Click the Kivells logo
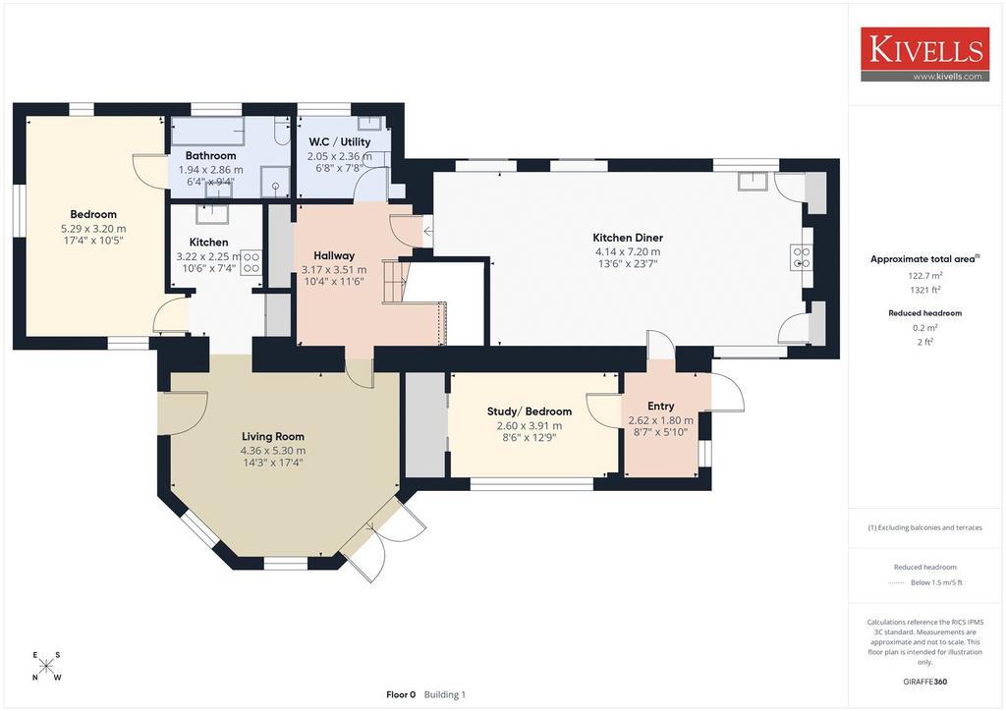924,54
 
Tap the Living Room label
273,437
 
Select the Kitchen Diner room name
628,238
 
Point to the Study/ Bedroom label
530,411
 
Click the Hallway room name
334,255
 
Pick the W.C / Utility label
339,141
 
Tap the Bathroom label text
210,156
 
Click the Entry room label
661,407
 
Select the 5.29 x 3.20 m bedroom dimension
93,228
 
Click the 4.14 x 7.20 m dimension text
628,252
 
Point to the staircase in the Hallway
395,281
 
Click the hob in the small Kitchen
251,263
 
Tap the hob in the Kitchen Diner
802,257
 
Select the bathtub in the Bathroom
208,132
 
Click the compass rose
46,666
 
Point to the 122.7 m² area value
925,276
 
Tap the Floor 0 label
401,694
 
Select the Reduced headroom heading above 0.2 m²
925,313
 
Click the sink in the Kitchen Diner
753,181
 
